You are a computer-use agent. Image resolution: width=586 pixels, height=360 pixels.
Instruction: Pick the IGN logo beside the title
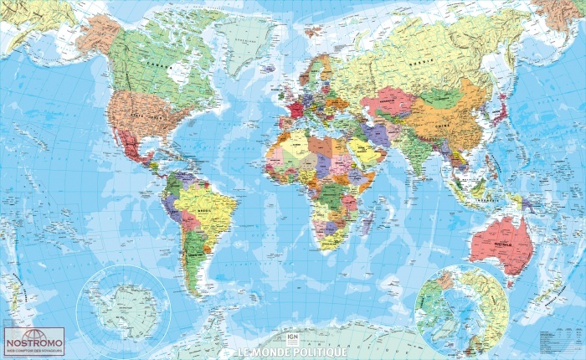(292, 338)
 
